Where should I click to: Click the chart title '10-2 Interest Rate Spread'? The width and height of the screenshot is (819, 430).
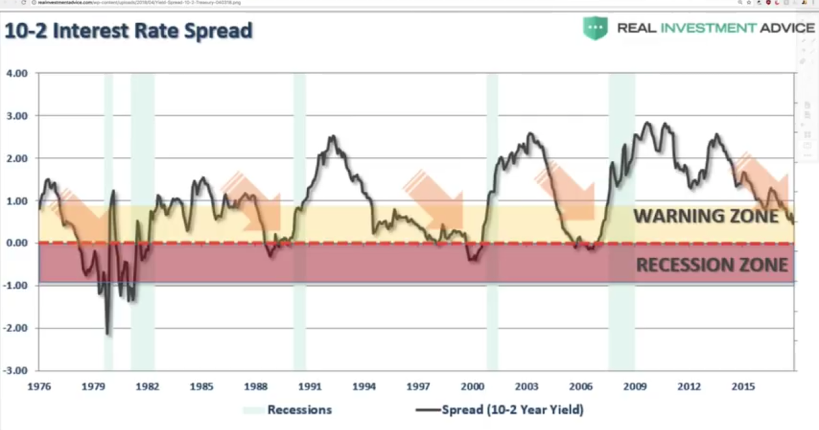coord(128,31)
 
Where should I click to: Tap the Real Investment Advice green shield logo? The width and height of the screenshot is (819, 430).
coord(595,28)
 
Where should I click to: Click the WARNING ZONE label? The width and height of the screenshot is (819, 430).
coord(706,216)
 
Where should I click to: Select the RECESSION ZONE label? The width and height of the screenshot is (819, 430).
coord(711,265)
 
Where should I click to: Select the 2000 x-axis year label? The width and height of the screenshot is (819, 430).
coord(472,386)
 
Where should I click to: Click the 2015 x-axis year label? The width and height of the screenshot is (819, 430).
coord(743,386)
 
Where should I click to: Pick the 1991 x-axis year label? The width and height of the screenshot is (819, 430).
coord(310,386)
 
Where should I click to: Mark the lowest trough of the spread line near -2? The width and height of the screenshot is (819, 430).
coord(108,333)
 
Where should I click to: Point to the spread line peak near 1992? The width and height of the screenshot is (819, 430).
coord(332,138)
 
